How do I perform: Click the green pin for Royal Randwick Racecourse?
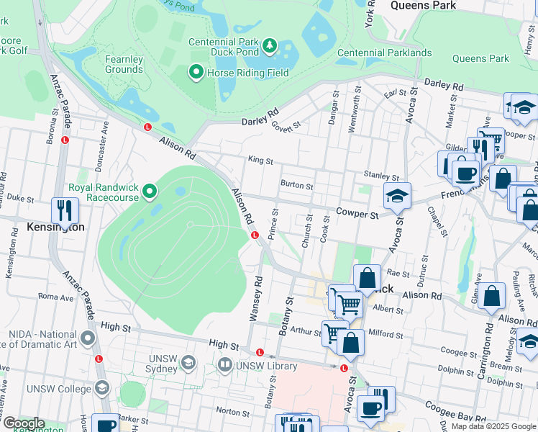pyautogui.click(x=150, y=192)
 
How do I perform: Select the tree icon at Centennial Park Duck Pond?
pyautogui.click(x=270, y=47)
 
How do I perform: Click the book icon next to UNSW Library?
pyautogui.click(x=224, y=366)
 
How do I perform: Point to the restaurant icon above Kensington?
pyautogui.click(x=65, y=210)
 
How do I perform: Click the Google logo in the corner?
pyautogui.click(x=23, y=423)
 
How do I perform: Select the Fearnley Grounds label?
pyautogui.click(x=124, y=64)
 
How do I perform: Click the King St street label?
pyautogui.click(x=260, y=162)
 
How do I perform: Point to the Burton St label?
pyautogui.click(x=297, y=186)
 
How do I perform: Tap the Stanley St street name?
pyautogui.click(x=381, y=176)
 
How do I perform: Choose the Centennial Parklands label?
pyautogui.click(x=384, y=53)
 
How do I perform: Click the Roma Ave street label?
pyautogui.click(x=51, y=296)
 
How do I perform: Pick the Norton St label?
pyautogui.click(x=232, y=412)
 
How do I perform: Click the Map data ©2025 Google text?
pyautogui.click(x=493, y=426)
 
